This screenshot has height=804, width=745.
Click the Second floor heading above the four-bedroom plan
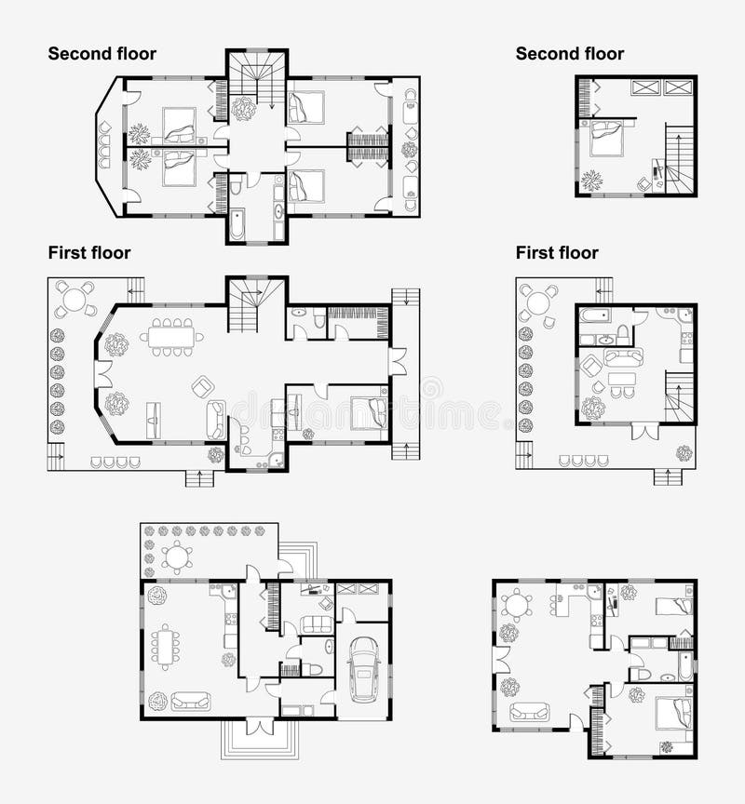pos(102,54)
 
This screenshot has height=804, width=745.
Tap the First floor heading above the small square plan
pos(557,253)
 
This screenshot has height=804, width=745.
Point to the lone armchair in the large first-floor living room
pos(202,385)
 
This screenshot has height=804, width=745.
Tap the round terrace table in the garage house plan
pos(177,557)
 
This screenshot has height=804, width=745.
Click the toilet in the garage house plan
pos(313,668)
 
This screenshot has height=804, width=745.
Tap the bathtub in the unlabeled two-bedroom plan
pos(685,664)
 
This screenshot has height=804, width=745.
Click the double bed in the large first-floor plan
pos(369,412)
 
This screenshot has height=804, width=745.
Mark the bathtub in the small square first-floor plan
pos(595,316)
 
